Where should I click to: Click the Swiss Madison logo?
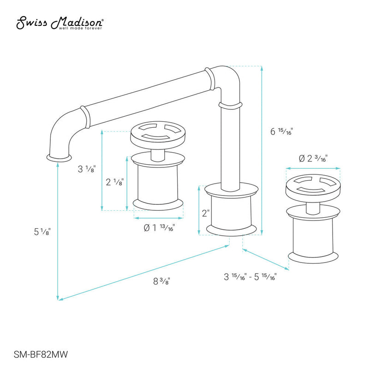[60, 23]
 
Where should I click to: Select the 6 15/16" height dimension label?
[282, 131]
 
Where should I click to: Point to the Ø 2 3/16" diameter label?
[313, 159]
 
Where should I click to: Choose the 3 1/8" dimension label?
[86, 169]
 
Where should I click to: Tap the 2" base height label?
[205, 213]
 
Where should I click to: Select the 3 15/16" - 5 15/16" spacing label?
[250, 277]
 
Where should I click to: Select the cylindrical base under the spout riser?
[231, 210]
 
